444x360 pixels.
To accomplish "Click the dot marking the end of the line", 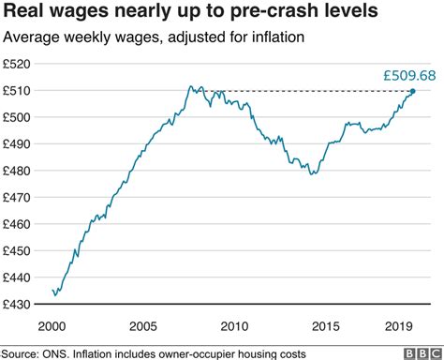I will click(413, 91).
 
